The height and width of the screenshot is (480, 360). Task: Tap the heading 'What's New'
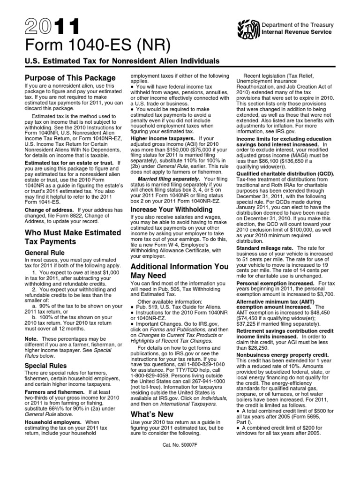(x=152, y=414)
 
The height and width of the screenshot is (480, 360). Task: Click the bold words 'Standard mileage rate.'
(x=265, y=247)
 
